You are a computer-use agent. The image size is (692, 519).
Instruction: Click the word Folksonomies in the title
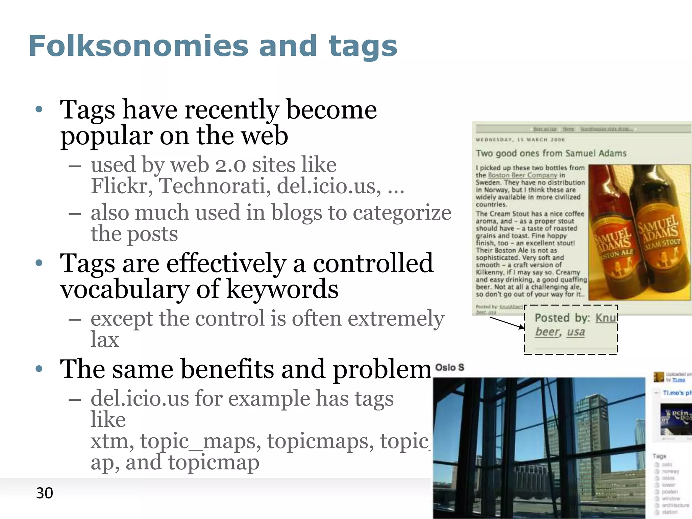[139, 46]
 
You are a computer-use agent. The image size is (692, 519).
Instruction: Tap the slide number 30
[44, 493]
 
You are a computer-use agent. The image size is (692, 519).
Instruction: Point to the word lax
[105, 340]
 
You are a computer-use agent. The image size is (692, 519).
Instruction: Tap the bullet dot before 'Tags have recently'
[39, 109]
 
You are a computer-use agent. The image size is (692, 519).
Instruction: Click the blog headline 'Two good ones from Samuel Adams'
[551, 153]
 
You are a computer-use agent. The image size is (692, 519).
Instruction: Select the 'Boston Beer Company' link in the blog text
[522, 175]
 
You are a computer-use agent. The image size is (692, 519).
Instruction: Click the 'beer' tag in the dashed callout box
[546, 332]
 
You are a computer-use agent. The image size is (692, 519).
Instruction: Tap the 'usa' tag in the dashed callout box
[576, 332]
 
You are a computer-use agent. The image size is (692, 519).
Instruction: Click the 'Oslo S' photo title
[449, 367]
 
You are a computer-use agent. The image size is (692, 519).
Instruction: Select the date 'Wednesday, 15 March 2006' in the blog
[520, 140]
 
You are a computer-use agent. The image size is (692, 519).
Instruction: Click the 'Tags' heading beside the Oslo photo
[659, 456]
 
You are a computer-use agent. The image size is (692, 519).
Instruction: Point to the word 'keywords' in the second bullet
[282, 290]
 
